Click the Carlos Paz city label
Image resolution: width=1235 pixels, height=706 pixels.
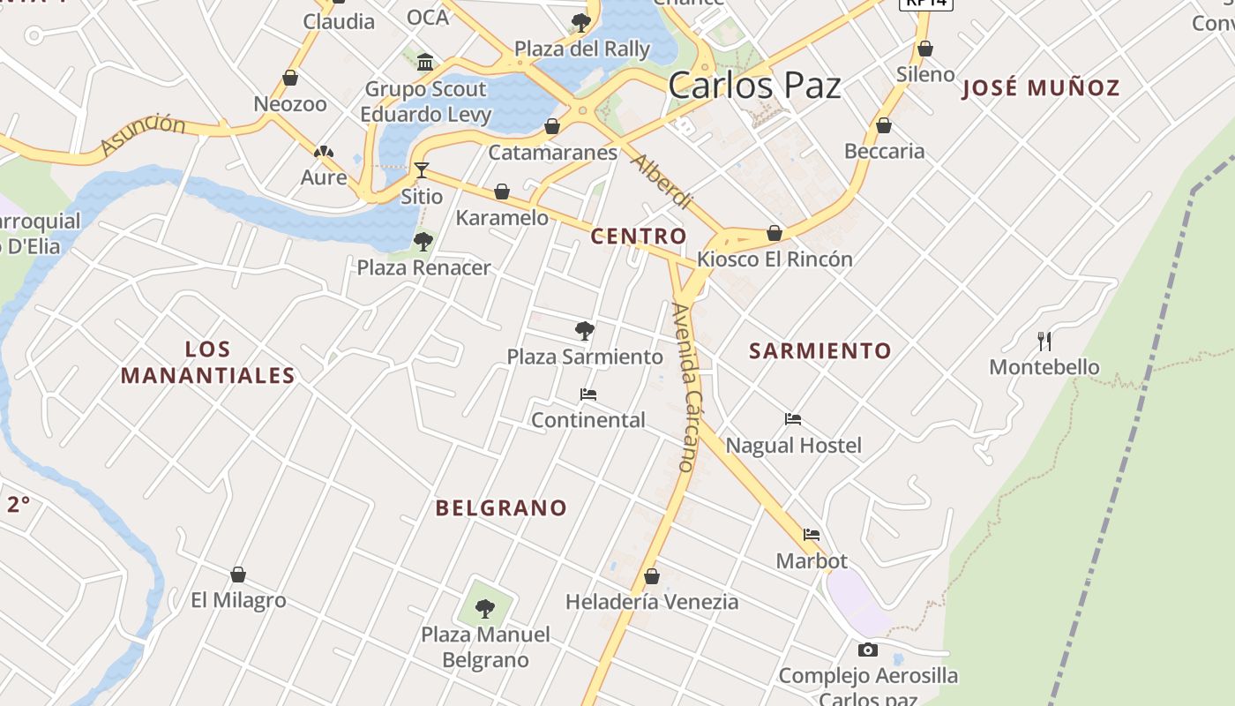[x=754, y=86]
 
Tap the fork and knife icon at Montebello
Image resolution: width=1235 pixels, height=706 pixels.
[x=1045, y=341]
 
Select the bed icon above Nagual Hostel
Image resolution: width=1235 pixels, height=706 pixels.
[x=793, y=419]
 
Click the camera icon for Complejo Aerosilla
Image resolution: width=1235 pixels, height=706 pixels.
[x=868, y=650]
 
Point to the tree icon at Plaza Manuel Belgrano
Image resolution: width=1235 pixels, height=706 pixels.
[x=484, y=608]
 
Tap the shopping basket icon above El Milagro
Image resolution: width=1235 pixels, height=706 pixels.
[x=238, y=575]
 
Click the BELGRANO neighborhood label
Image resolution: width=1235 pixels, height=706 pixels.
[x=501, y=508]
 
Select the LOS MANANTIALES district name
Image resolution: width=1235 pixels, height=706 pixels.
[x=208, y=363]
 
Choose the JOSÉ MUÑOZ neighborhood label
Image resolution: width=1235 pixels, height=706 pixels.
[x=1041, y=88]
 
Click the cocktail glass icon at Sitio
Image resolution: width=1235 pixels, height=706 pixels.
[x=422, y=170]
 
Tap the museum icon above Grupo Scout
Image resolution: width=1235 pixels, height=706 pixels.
[x=426, y=62]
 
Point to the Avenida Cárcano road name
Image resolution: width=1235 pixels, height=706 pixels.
[x=684, y=387]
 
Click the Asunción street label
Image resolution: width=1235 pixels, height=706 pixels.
[x=143, y=134]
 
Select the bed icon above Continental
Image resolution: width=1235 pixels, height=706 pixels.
[x=588, y=394]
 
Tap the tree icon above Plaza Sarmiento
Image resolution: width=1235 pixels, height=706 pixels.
[x=584, y=331]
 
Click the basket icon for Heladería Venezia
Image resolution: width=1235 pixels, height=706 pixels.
[x=652, y=576]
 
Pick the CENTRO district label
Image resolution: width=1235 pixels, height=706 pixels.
[x=639, y=237]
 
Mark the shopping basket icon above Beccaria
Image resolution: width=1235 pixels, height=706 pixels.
[x=884, y=125]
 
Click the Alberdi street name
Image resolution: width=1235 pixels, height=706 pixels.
[x=662, y=182]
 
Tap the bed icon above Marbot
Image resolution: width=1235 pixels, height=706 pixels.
[x=812, y=535]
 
